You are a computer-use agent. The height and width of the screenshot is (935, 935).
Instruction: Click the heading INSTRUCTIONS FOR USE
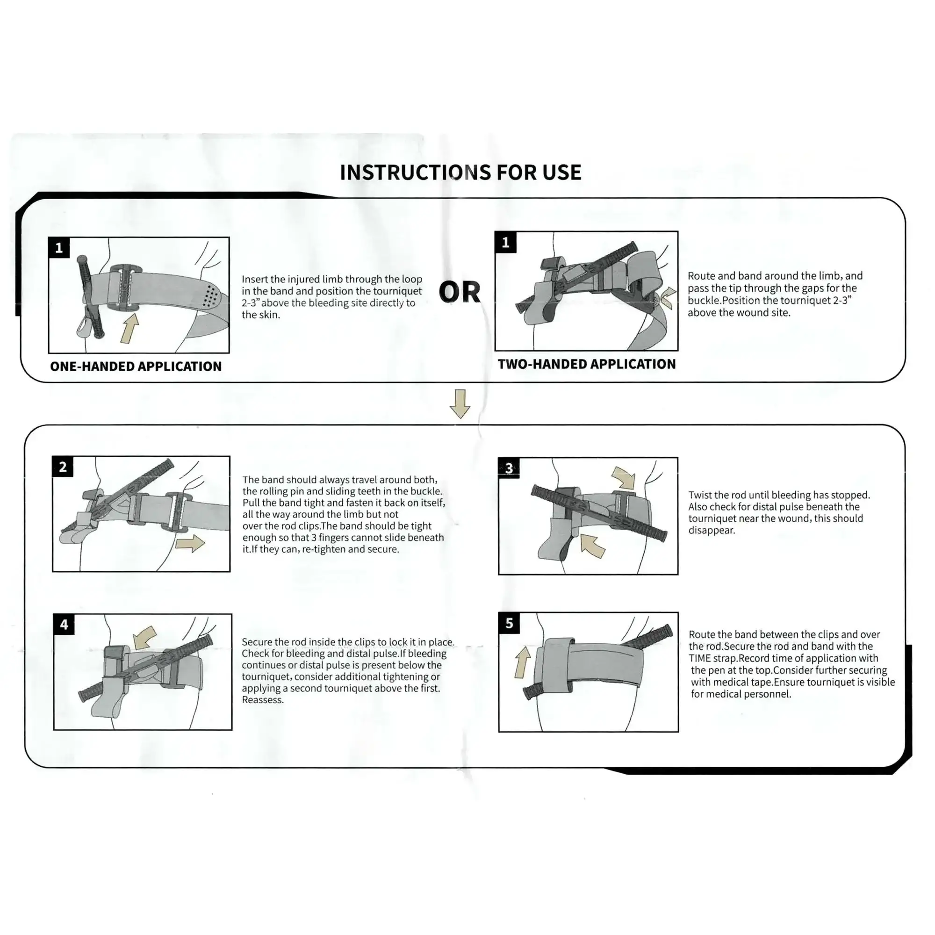click(x=460, y=173)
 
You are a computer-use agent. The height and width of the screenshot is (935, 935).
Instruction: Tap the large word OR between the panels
click(x=459, y=292)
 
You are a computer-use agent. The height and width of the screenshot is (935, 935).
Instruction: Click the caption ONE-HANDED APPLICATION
click(x=136, y=367)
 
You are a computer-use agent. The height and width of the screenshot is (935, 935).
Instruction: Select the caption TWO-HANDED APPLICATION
click(x=587, y=364)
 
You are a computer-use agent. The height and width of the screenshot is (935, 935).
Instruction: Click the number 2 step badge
click(x=63, y=467)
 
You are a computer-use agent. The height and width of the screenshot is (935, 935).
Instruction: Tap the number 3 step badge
click(x=509, y=468)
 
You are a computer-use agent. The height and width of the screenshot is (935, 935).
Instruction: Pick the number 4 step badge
click(x=65, y=625)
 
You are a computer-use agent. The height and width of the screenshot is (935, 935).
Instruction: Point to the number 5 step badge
click(x=509, y=623)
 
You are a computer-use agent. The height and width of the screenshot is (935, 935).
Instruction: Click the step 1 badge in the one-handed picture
click(x=59, y=248)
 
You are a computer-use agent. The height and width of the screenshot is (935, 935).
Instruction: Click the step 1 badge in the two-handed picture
click(x=506, y=242)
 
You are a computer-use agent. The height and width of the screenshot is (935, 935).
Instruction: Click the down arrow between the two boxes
click(x=460, y=403)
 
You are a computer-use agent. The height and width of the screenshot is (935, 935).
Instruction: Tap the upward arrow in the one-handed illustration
click(x=129, y=329)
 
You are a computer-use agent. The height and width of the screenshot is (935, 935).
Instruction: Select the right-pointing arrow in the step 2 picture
click(x=190, y=543)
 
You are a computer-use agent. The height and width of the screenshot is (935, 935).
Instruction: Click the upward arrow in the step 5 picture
click(x=523, y=662)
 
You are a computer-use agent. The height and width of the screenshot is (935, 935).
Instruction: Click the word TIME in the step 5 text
click(x=700, y=659)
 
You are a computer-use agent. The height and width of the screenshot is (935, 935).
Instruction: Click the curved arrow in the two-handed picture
click(x=668, y=297)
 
